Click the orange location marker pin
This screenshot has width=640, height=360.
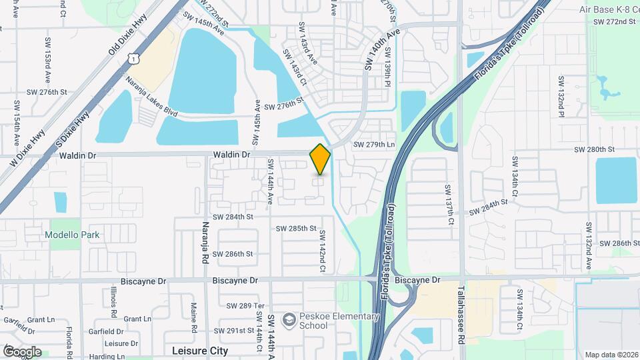pos(320,158)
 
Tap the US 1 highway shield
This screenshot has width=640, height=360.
pos(135,59)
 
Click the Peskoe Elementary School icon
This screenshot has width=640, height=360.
pos(289,321)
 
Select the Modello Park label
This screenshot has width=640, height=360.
pos(72,235)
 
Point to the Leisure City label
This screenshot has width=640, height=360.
pos(200,350)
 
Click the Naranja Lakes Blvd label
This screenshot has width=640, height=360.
pos(151,97)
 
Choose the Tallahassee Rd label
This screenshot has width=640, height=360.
pos(461,316)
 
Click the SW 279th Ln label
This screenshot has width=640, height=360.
pos(374,145)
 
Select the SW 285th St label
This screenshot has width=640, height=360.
pos(297,229)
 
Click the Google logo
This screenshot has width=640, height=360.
pos(22,351)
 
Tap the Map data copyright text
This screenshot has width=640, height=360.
pos(611,355)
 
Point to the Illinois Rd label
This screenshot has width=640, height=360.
pos(114,303)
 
